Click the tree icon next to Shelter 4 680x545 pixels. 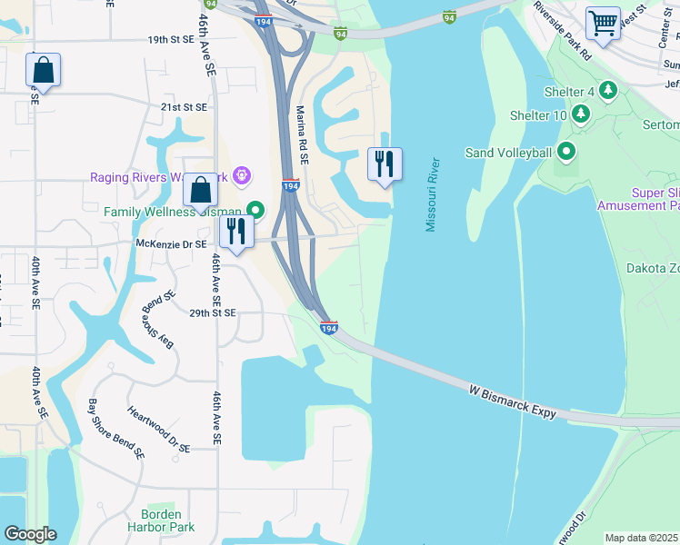click(608, 91)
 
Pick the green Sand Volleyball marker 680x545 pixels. click(567, 153)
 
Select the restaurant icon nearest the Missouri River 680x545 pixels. click(385, 163)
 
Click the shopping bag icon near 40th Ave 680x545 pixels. click(43, 69)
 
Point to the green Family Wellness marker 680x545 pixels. click(256, 212)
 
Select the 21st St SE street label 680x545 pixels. click(185, 107)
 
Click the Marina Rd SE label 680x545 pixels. click(302, 134)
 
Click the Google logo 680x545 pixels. click(30, 534)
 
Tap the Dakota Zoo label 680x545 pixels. click(653, 268)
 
